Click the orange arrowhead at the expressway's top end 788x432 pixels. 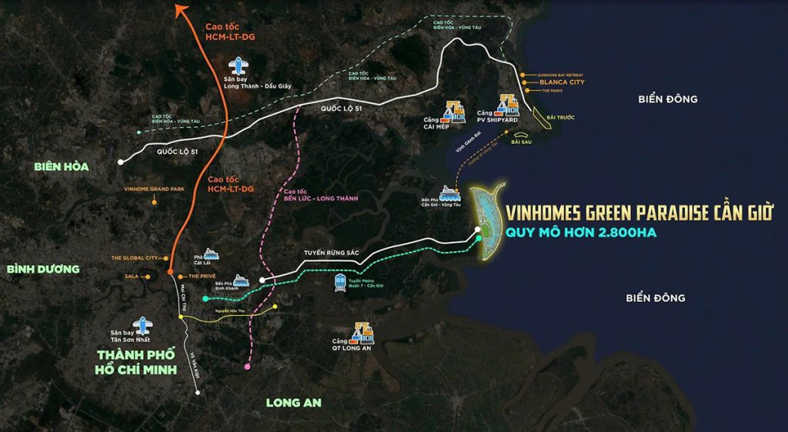pos(182,10)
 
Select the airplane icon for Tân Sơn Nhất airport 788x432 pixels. pos(141,327)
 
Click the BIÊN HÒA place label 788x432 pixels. pos(62,166)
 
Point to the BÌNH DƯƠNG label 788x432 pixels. pos(43,269)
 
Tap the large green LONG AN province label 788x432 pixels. pos(293,402)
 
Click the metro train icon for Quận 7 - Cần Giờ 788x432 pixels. pos(339,283)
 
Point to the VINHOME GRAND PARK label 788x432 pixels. pos(152,188)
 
